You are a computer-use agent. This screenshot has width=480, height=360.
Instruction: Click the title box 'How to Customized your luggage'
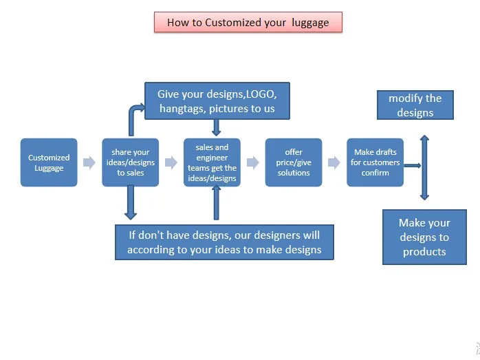tap(248, 22)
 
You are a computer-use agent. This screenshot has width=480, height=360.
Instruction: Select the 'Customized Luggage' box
tap(49, 162)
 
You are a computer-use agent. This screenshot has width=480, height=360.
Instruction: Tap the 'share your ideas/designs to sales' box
tap(131, 162)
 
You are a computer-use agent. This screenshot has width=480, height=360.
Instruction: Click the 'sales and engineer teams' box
tap(212, 162)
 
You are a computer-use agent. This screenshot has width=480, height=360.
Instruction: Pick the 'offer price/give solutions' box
tap(294, 162)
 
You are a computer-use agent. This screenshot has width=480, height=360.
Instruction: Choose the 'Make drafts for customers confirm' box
tap(375, 162)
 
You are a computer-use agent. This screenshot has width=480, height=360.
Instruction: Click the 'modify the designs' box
tap(415, 105)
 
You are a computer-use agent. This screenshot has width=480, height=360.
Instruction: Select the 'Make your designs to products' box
tap(424, 237)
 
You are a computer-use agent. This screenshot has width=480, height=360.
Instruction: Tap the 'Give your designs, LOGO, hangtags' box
tap(217, 101)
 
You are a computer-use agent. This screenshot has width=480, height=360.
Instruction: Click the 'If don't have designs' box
tap(224, 242)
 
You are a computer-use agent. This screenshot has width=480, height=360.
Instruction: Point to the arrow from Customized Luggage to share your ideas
tap(89, 162)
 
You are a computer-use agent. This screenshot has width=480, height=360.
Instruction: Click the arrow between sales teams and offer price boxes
tap(252, 162)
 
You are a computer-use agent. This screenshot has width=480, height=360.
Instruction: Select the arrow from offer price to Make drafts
tap(334, 162)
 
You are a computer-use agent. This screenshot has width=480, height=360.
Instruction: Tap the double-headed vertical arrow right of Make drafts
tap(424, 167)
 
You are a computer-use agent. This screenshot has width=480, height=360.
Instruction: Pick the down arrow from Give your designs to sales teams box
tap(216, 127)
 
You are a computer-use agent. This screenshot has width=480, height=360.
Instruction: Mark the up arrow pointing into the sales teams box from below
tap(216, 204)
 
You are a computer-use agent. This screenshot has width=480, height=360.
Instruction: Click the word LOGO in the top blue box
tap(261, 94)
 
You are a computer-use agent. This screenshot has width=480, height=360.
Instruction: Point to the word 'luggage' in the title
tap(310, 22)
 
